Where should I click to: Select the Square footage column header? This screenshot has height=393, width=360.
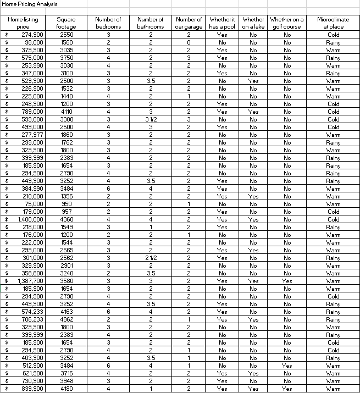pos(67,23)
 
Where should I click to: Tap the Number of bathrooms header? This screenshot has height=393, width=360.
pos(150,23)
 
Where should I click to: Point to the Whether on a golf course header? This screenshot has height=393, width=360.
pos(286,23)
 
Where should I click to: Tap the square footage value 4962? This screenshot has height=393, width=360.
pos(67,319)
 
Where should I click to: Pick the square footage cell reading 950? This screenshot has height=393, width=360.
pos(67,204)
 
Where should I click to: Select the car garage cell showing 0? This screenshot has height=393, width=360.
pos(189,42)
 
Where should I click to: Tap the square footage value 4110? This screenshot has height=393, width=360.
pos(67,112)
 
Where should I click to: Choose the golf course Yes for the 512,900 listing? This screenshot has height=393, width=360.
pos(286,366)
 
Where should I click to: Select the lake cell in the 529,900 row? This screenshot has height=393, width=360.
pos(253,81)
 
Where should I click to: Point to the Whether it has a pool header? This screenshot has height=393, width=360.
pos(222,23)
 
